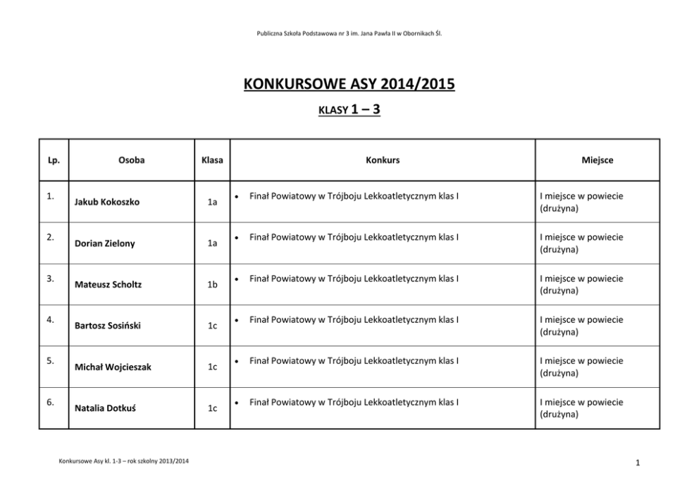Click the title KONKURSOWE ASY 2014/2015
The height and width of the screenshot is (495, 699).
click(349, 85)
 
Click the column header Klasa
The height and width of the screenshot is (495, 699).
click(211, 160)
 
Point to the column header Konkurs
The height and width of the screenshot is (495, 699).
click(382, 160)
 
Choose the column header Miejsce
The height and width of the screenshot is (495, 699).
click(597, 160)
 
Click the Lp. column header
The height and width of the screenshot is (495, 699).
click(53, 160)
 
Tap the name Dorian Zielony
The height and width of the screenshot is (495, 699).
click(104, 243)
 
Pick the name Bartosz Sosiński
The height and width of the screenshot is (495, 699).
click(106, 326)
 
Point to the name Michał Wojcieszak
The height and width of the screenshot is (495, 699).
click(113, 367)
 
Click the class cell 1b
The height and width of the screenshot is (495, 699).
click(212, 285)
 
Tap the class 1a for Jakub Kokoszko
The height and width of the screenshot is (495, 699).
click(212, 202)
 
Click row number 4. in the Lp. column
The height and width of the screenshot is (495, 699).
click(51, 319)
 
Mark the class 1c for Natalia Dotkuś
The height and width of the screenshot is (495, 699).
click(212, 408)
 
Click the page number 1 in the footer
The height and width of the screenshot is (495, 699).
click(636, 463)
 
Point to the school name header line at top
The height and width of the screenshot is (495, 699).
click(349, 32)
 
